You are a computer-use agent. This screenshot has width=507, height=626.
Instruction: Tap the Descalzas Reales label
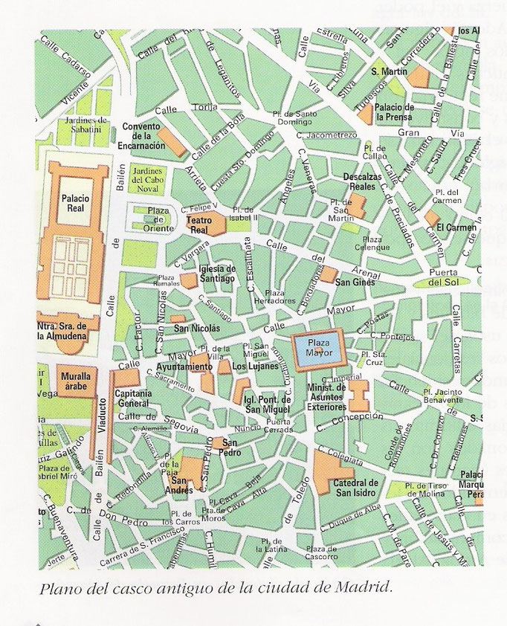pyautogui.click(x=364, y=181)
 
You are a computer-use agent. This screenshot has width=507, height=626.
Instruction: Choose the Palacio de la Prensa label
pyautogui.click(x=395, y=112)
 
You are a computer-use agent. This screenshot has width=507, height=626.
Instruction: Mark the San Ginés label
pyautogui.click(x=355, y=283)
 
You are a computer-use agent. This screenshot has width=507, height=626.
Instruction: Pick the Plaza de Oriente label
pyautogui.click(x=158, y=220)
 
